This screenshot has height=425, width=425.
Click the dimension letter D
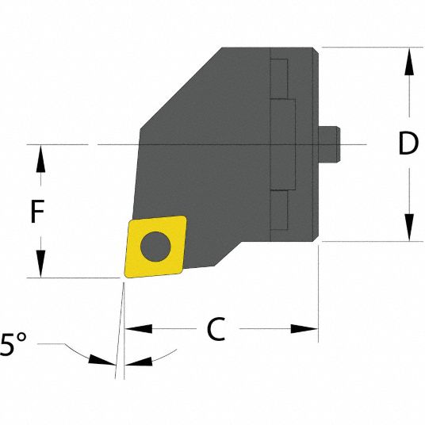click(408, 144)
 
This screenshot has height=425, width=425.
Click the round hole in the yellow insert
click(155, 245)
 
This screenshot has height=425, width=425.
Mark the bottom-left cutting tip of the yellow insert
click(124, 276)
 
